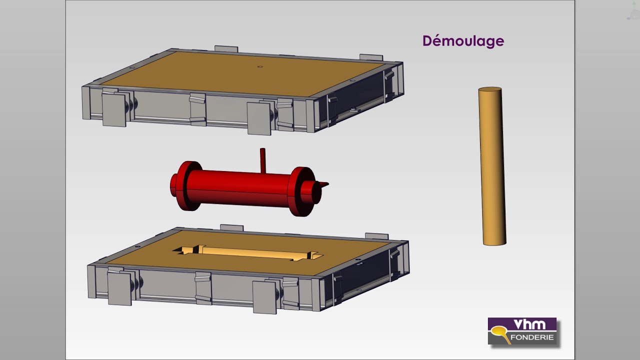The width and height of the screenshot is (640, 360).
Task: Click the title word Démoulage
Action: pyautogui.click(x=463, y=41)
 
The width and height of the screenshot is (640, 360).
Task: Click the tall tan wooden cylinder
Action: pyautogui.click(x=492, y=166)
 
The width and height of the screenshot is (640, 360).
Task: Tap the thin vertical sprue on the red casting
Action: pyautogui.click(x=262, y=160)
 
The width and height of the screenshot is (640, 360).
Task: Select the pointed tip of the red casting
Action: pyautogui.click(x=328, y=184)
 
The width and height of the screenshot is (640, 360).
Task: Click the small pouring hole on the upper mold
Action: pyautogui.click(x=260, y=66)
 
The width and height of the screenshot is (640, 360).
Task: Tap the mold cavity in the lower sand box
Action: pyautogui.click(x=247, y=253)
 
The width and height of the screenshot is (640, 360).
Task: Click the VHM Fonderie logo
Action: pyautogui.click(x=522, y=331)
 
